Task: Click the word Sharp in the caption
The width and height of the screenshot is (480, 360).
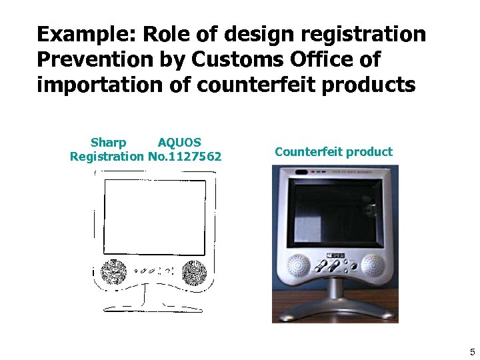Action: tap(108, 143)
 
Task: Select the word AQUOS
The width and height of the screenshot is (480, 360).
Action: tap(179, 143)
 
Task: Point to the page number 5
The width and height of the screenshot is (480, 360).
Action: tap(472, 352)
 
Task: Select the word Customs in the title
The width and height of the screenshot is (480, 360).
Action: tap(230, 59)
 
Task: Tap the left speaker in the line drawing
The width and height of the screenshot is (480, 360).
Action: tap(113, 271)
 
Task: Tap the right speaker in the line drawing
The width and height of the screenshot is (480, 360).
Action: tap(194, 271)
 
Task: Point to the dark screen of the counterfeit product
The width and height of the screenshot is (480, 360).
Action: tap(335, 212)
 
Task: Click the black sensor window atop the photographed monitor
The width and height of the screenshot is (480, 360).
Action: tap(301, 171)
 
